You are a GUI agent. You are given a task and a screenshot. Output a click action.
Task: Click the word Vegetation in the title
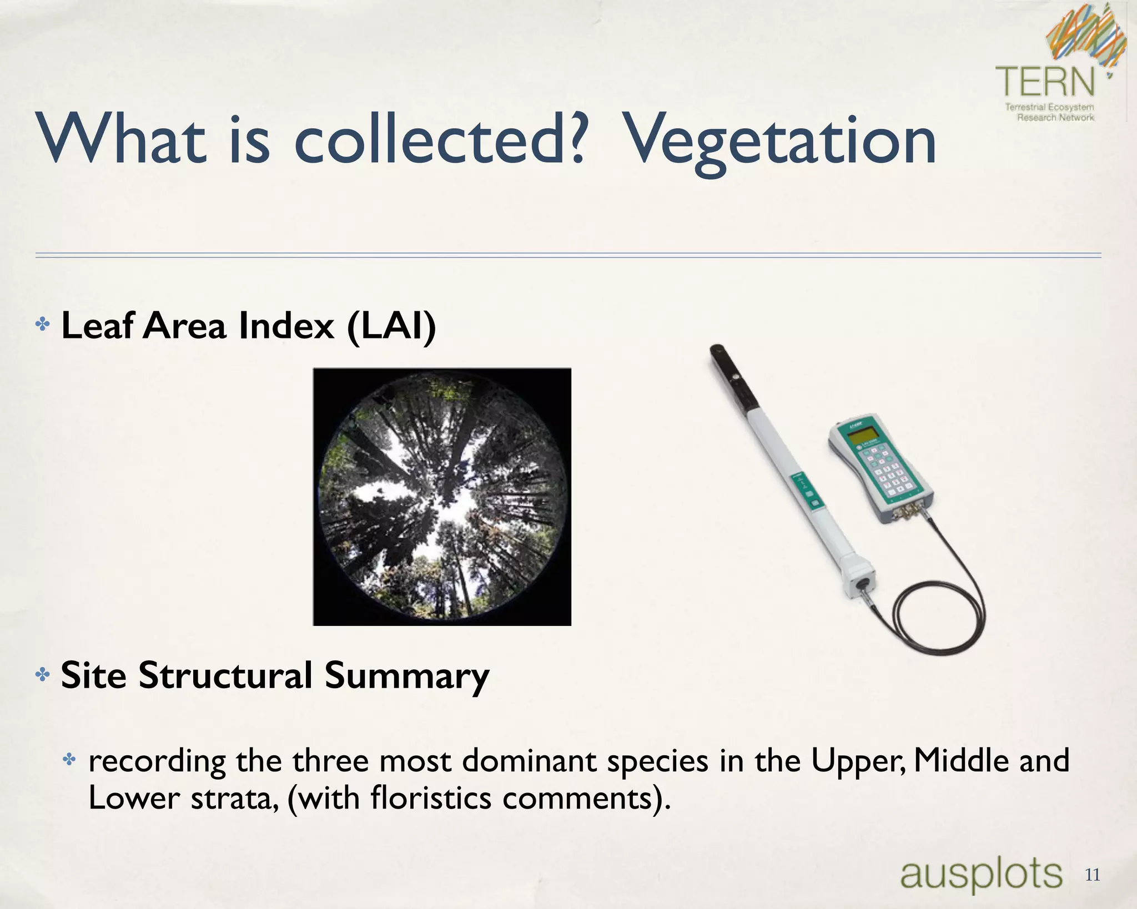click(x=780, y=142)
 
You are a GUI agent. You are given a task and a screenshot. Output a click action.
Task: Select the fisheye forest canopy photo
click(x=442, y=497)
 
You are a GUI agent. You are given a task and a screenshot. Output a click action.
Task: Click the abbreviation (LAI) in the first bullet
click(x=391, y=326)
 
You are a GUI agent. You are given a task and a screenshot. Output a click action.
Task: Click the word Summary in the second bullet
click(x=406, y=675)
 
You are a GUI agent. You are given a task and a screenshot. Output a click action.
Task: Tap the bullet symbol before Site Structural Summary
click(x=42, y=675)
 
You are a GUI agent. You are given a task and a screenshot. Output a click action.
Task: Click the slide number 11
click(x=1092, y=875)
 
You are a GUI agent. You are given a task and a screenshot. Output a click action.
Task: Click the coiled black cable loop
click(x=938, y=616)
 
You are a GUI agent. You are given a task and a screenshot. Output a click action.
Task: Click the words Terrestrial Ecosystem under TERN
click(x=1049, y=107)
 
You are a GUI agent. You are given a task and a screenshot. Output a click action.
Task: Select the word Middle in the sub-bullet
click(x=960, y=760)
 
